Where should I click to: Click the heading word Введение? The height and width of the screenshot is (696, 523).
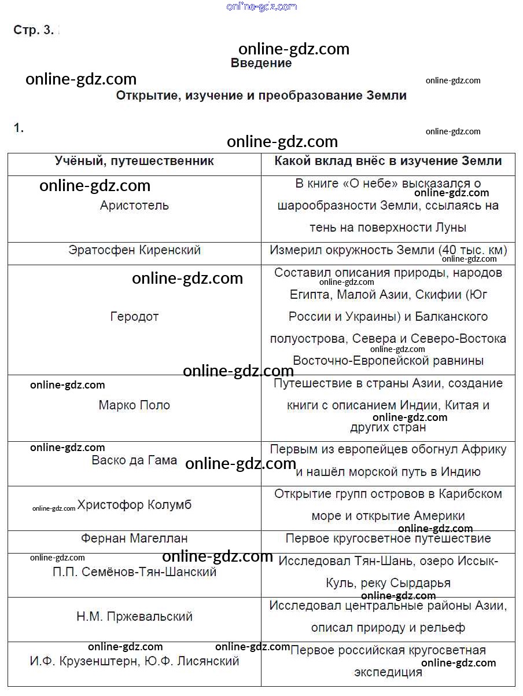click(x=261, y=63)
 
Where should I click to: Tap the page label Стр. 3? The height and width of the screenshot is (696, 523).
click(x=33, y=31)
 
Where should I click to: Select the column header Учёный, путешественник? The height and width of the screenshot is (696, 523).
click(x=134, y=161)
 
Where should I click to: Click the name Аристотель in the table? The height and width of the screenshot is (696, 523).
click(x=134, y=206)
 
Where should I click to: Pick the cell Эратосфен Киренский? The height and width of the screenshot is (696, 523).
click(x=134, y=250)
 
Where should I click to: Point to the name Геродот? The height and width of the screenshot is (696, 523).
click(x=134, y=317)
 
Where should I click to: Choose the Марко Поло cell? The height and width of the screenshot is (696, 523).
click(x=134, y=405)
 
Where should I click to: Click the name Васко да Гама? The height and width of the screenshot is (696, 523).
click(x=134, y=460)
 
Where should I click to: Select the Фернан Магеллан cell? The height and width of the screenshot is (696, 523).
click(x=134, y=539)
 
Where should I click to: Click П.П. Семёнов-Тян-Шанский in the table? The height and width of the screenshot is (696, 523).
click(x=134, y=572)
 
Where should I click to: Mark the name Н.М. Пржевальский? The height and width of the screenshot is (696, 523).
click(x=134, y=617)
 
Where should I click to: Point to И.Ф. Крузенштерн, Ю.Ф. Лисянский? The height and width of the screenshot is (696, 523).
click(x=134, y=661)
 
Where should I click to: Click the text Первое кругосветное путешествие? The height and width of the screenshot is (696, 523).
click(x=388, y=539)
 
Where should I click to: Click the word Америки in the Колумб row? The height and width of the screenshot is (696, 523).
click(x=439, y=516)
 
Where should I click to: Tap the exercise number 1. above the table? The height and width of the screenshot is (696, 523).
click(x=19, y=129)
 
